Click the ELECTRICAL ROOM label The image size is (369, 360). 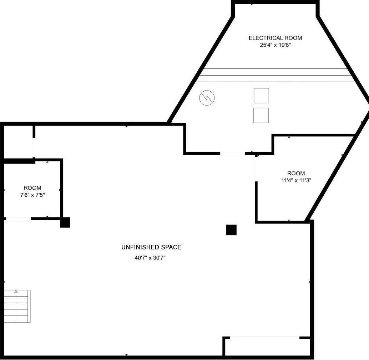[x=275, y=38]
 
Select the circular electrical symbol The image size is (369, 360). [x=207, y=98]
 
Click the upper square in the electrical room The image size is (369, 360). [x=261, y=96]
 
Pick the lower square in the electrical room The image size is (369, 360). [x=261, y=115]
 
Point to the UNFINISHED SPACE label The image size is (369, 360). [x=151, y=247]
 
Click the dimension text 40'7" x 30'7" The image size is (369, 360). [x=150, y=258]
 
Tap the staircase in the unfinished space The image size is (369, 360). [x=17, y=307]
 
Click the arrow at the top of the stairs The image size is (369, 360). [x=16, y=292]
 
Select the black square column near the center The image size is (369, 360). [x=231, y=230]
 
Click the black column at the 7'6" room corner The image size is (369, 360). [x=65, y=222]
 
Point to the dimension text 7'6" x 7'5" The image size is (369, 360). [x=32, y=195]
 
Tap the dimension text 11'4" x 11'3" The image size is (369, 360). [x=296, y=180]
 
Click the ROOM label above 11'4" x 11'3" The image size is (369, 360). [x=296, y=174]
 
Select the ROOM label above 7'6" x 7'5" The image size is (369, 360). [x=32, y=188]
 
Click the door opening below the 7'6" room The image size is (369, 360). [x=18, y=218]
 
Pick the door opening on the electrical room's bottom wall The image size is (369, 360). [x=232, y=153]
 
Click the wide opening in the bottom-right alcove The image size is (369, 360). [x=264, y=338]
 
